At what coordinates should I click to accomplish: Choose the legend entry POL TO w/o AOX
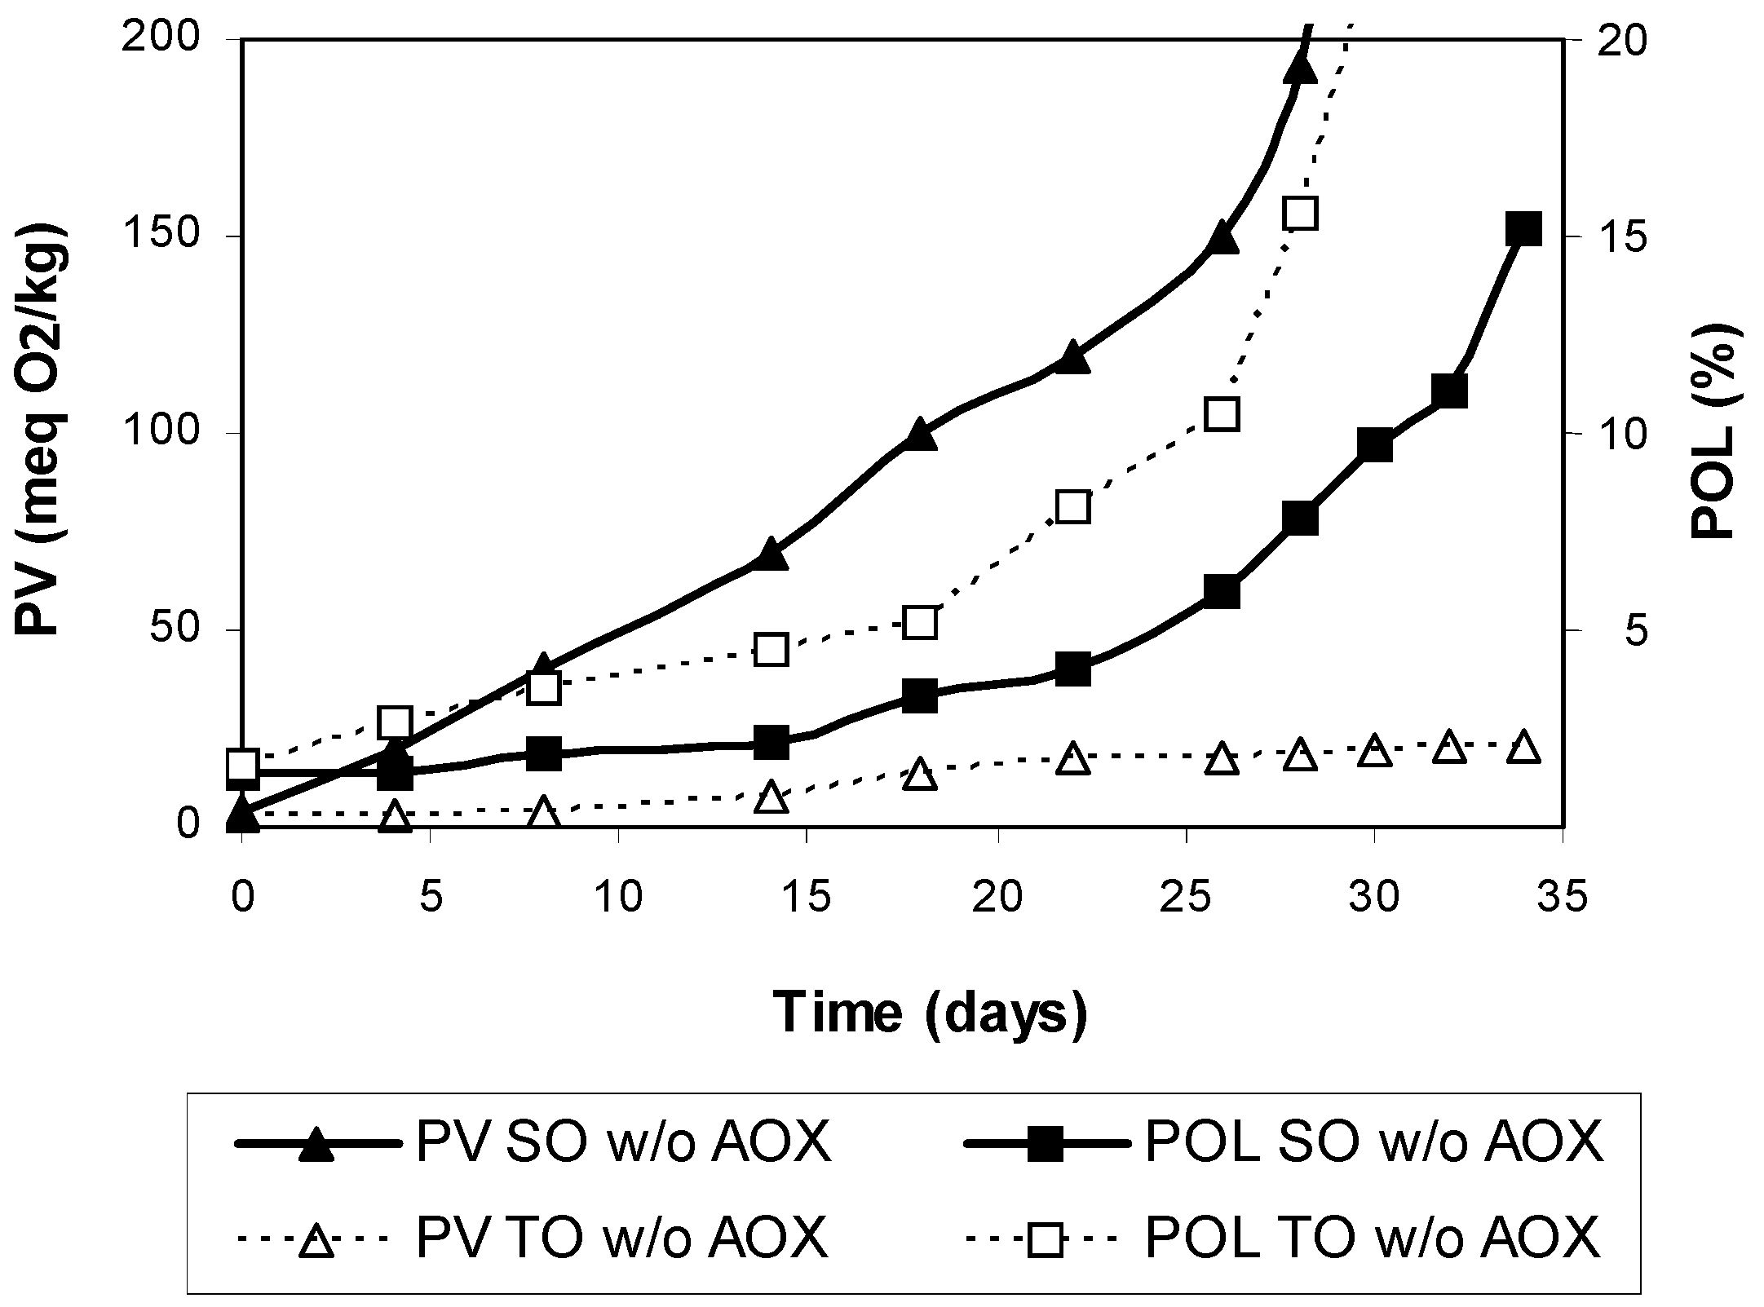tap(1284, 1238)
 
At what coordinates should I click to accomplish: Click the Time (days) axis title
tap(931, 1012)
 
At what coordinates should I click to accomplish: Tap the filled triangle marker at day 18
tap(920, 435)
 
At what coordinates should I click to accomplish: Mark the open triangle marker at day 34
tap(1523, 748)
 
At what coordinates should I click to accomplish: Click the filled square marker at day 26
tap(1222, 592)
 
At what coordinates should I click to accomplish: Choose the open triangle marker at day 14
tap(771, 797)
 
